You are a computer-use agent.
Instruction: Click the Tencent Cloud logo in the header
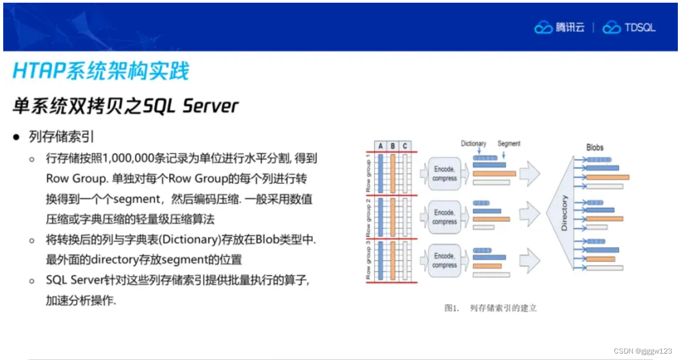point(559,27)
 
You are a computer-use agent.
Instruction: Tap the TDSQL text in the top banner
point(640,28)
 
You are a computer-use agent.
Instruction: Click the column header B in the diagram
point(393,146)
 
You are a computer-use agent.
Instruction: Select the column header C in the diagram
point(404,146)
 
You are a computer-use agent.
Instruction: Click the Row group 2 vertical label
point(368,216)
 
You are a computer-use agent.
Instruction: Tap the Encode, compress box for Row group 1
point(445,174)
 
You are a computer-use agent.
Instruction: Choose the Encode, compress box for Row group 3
point(445,261)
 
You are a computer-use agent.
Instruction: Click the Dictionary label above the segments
point(473,143)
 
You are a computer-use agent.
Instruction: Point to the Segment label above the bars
point(509,143)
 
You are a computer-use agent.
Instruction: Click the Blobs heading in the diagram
point(595,147)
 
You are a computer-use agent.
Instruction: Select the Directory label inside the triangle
point(564,213)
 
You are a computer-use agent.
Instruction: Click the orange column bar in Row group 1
point(393,173)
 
